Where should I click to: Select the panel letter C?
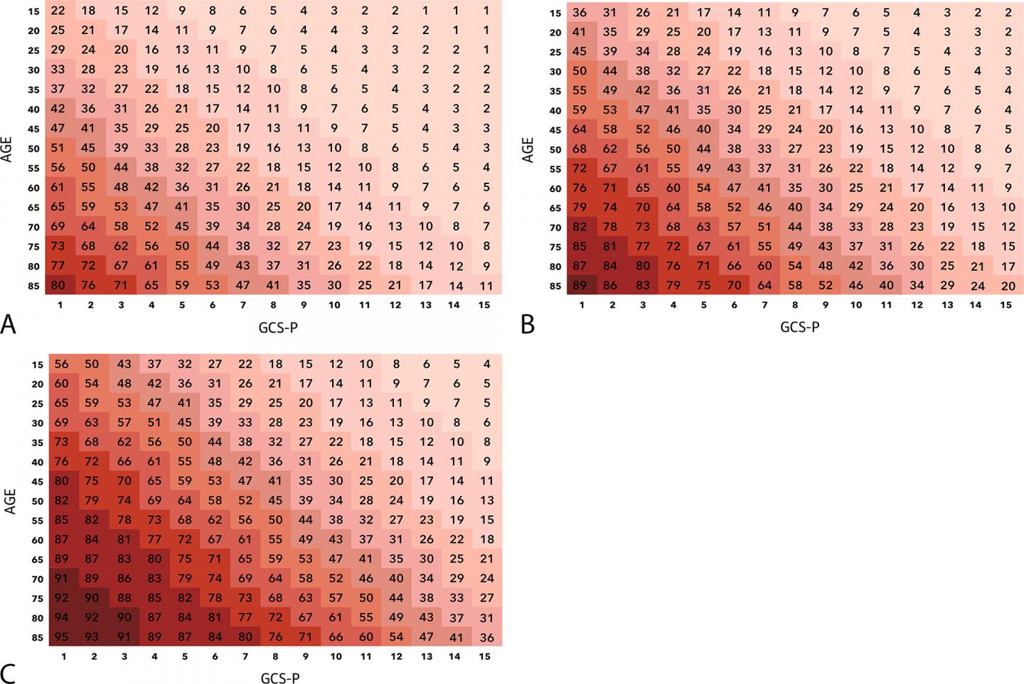[x=9, y=673]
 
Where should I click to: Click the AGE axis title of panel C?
[x=9, y=501]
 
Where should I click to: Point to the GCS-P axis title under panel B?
[x=800, y=327]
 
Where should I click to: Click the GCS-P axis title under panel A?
[x=279, y=327]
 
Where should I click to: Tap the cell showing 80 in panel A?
[x=58, y=286]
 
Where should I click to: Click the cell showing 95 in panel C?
[x=62, y=637]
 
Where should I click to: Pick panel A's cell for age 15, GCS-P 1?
[x=58, y=11]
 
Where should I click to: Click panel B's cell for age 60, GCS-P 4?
[x=673, y=188]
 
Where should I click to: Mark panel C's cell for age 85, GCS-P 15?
[x=486, y=637]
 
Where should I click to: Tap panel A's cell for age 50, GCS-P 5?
[x=182, y=148]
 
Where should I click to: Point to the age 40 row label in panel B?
[x=555, y=110]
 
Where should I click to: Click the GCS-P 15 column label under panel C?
[x=485, y=657]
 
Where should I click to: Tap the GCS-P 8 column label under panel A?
[x=274, y=305]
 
